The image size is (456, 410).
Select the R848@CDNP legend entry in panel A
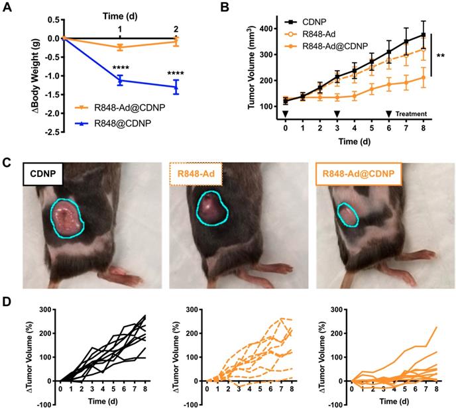pos(126,122)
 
